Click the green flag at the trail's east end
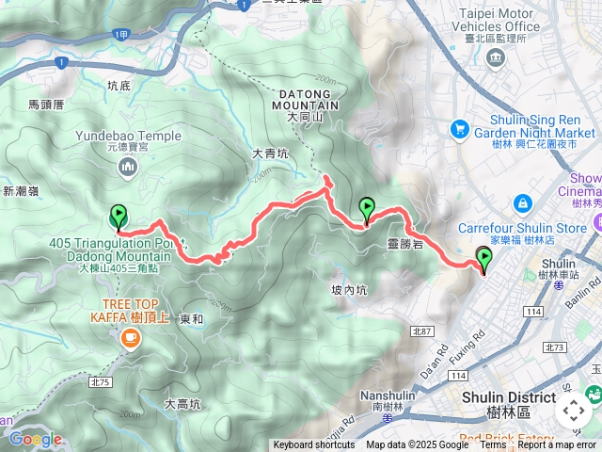tap(483, 258)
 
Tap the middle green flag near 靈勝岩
tap(367, 209)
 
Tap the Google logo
tap(35, 439)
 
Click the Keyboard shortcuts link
tap(314, 445)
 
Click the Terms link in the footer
tap(493, 445)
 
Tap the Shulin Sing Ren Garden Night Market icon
tap(460, 127)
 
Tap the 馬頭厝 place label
tap(46, 106)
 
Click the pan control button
tap(573, 411)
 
